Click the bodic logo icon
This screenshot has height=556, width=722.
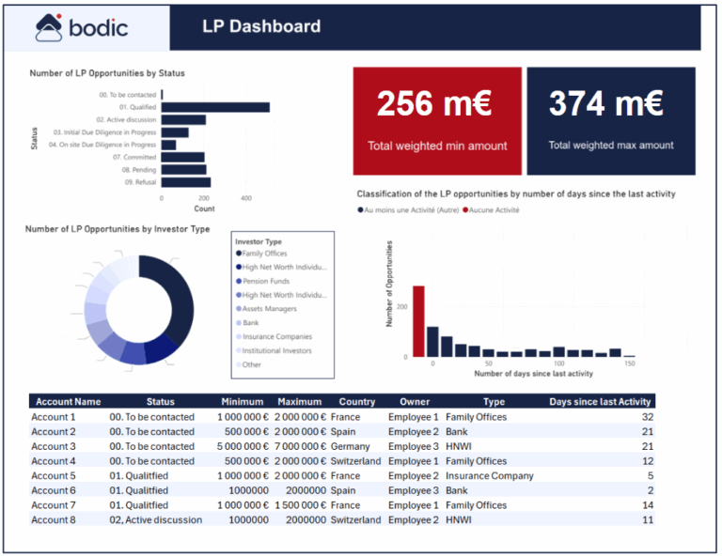pyautogui.click(x=48, y=27)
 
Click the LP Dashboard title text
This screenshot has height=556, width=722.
pyautogui.click(x=260, y=27)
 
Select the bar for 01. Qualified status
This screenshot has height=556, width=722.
pyautogui.click(x=216, y=107)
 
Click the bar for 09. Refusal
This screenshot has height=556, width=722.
pyautogui.click(x=186, y=182)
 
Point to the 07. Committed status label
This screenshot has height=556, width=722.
pyautogui.click(x=132, y=158)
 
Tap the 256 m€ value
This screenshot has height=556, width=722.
pyautogui.click(x=434, y=104)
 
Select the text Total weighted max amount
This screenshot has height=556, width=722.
pyautogui.click(x=611, y=146)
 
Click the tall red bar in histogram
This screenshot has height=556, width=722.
pyautogui.click(x=418, y=321)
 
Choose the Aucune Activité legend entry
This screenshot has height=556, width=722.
pyautogui.click(x=493, y=210)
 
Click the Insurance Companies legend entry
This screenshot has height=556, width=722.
pyautogui.click(x=276, y=336)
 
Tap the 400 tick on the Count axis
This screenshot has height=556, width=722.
pyautogui.click(x=246, y=199)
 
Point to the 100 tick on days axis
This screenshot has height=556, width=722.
pyautogui.click(x=559, y=363)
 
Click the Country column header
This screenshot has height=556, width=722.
pyautogui.click(x=356, y=402)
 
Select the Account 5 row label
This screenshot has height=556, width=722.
pyautogui.click(x=54, y=476)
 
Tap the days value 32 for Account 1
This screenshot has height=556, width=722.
pyautogui.click(x=646, y=417)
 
